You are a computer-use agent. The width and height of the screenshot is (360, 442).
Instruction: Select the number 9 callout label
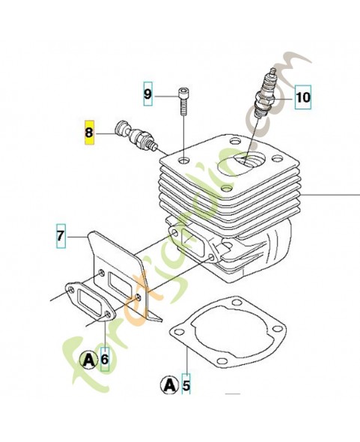pyautogui.click(x=148, y=94)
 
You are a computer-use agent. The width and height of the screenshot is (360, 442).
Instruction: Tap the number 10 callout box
pyautogui.click(x=303, y=97)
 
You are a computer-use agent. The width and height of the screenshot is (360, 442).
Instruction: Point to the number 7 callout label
pyautogui.click(x=60, y=237)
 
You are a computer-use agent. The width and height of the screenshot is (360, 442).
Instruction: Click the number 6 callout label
pyautogui.click(x=105, y=360)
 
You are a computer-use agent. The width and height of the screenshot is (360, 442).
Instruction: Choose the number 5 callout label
pyautogui.click(x=186, y=387)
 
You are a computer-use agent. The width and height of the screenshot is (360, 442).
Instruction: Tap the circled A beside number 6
pyautogui.click(x=89, y=360)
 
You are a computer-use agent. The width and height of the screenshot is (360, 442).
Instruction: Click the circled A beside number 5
pyautogui.click(x=169, y=387)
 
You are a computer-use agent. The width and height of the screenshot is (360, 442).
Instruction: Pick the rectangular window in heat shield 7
pyautogui.click(x=120, y=283)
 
